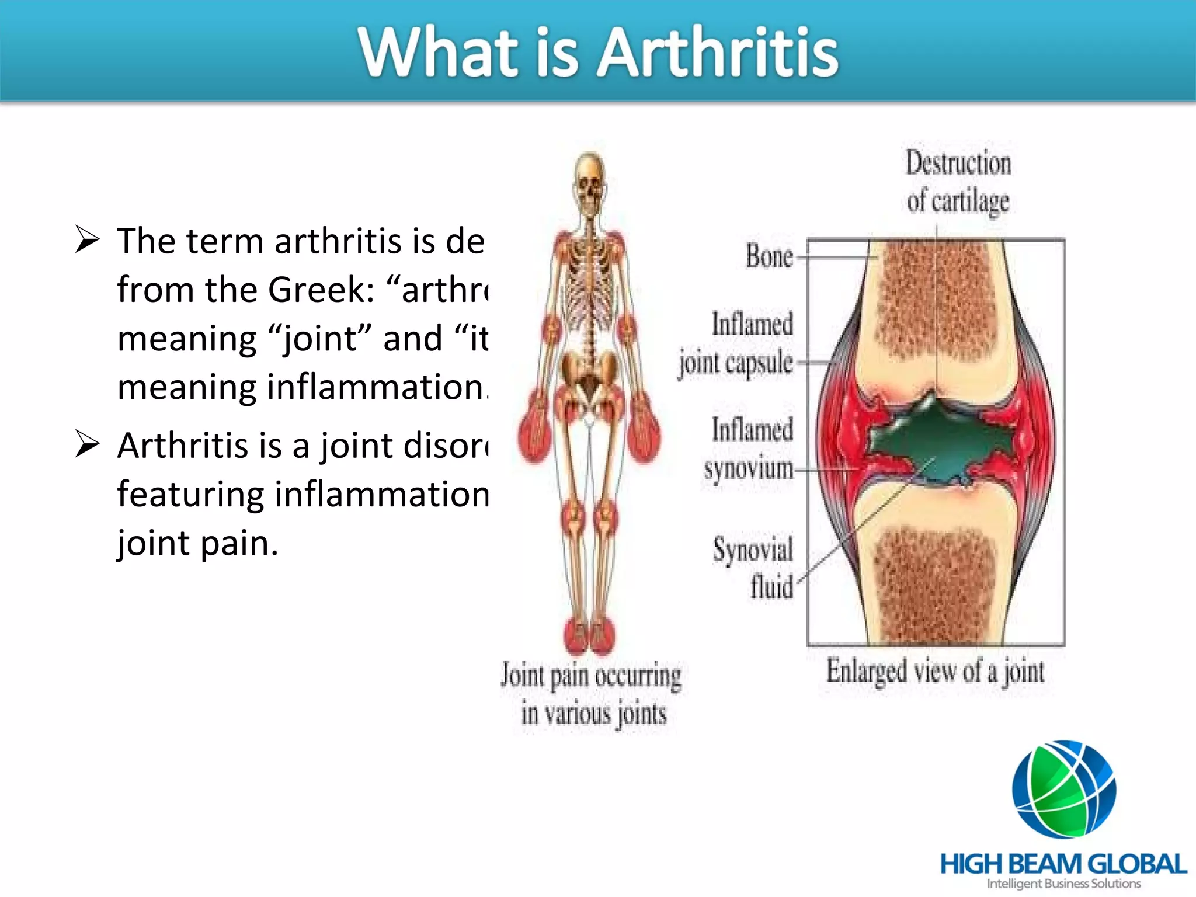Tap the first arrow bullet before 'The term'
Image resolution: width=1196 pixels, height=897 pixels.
[88, 240]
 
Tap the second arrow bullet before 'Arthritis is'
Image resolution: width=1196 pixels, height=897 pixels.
[88, 445]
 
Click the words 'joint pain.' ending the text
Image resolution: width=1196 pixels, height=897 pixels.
[197, 543]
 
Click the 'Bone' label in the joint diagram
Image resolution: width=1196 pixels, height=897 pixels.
[769, 256]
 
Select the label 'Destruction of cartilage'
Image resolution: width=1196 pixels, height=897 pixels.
[958, 182]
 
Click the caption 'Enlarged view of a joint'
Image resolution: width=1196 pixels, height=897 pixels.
[935, 671]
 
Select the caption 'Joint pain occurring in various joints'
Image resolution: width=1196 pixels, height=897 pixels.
[592, 694]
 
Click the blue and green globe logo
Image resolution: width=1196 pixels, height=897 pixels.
[1064, 790]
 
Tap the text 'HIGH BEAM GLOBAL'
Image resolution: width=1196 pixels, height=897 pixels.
[1063, 864]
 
